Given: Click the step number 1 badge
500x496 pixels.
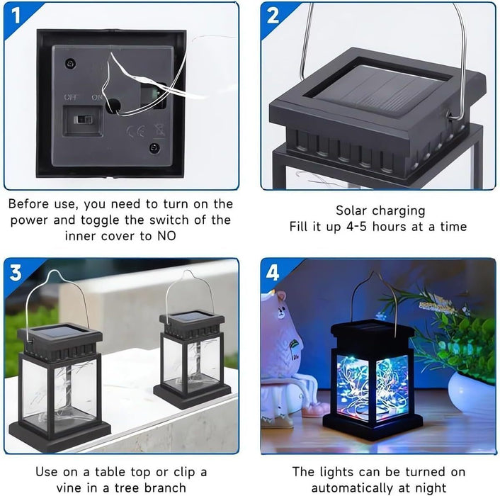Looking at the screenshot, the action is [16, 16].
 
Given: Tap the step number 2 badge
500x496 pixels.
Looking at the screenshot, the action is [273, 16].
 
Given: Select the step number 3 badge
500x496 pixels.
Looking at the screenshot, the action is [16, 273].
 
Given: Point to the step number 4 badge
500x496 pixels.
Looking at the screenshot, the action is [273, 273].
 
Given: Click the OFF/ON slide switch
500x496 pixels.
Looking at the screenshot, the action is [83, 120].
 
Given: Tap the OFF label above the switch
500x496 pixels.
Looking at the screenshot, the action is [72, 96].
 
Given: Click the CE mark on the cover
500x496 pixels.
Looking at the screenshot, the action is [136, 131].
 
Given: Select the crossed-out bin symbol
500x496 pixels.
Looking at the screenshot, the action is [159, 130].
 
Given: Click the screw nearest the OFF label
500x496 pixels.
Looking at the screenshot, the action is [71, 64].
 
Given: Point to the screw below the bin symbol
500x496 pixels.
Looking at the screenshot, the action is [154, 148].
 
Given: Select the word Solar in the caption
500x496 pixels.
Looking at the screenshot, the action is [352, 210].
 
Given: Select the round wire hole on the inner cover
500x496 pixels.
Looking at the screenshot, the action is [113, 106].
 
